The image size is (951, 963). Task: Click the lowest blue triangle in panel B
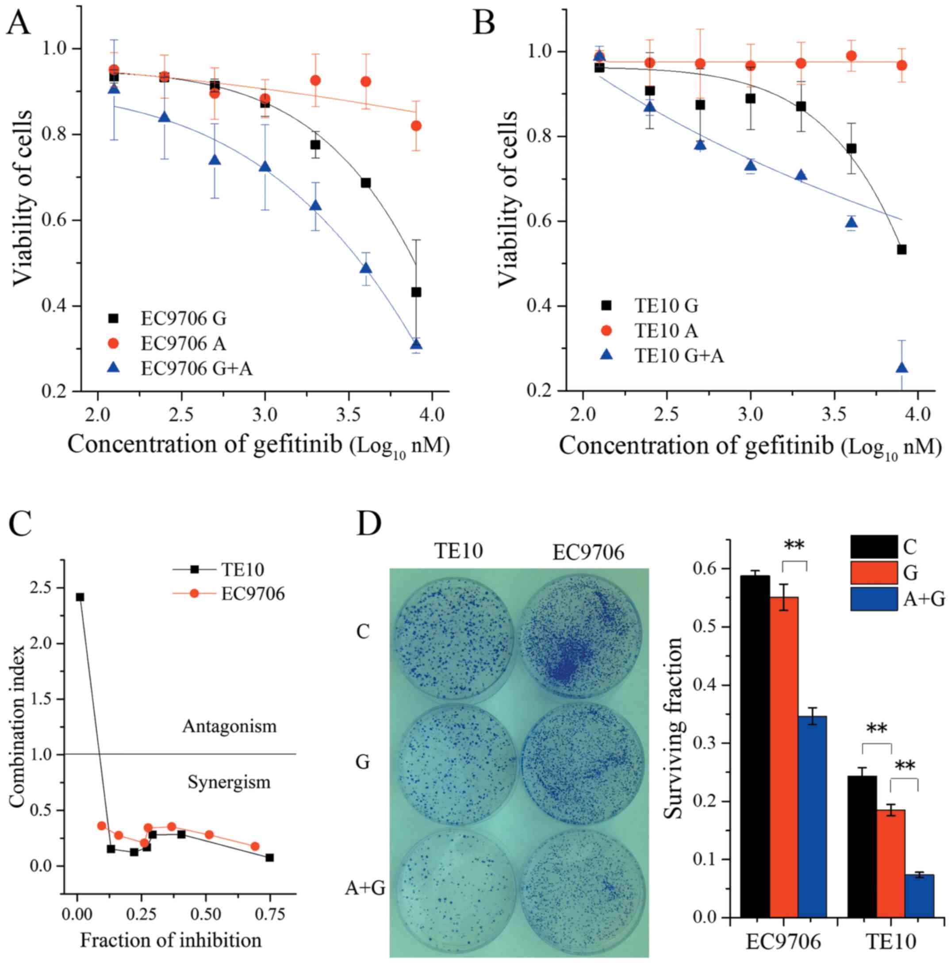pos(901,368)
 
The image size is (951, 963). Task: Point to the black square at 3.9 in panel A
pos(416,292)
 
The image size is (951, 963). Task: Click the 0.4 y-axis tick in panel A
pos(54,306)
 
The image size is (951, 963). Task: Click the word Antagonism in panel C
pos(229,726)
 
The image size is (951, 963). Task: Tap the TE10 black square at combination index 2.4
pos(80,597)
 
